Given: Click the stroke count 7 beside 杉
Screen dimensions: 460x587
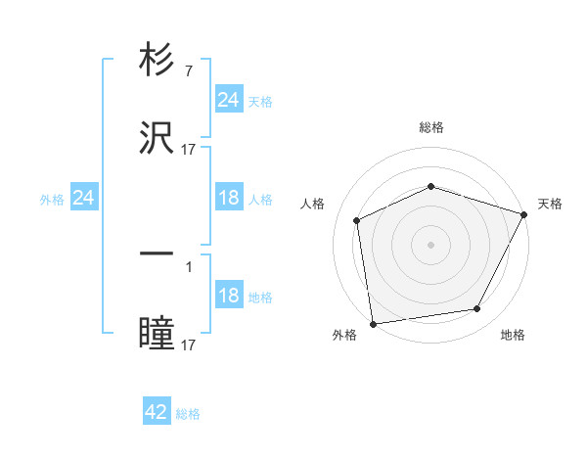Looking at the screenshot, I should pos(188,71).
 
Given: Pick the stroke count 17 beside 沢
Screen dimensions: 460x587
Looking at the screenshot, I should pos(188,150).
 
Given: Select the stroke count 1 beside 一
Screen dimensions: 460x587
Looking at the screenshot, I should pos(188,264).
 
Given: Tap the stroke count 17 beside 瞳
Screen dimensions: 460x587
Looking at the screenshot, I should pos(188,345).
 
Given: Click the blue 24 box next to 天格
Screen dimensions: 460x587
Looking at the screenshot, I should pos(228,100).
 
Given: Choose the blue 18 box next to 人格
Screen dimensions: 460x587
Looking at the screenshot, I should pos(228,198).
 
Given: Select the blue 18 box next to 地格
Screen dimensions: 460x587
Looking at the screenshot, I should pos(228,297).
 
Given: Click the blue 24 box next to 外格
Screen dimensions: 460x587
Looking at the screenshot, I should pos(83,198).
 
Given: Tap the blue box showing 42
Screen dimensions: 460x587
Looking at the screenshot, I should pos(157,413).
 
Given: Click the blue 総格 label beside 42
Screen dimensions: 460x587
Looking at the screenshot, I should pos(188,414).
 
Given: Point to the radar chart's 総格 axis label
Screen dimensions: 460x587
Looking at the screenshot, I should pos(430,127).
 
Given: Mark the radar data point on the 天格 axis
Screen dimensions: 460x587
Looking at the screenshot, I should pos(525,214).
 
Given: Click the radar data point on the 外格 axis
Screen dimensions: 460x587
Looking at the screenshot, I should pos(373,324).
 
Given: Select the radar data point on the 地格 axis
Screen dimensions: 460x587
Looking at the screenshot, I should pos(477,309).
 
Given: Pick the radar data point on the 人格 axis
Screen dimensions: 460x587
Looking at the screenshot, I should pos(357,220).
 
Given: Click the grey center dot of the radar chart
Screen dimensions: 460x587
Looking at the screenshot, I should pos(430,245).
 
